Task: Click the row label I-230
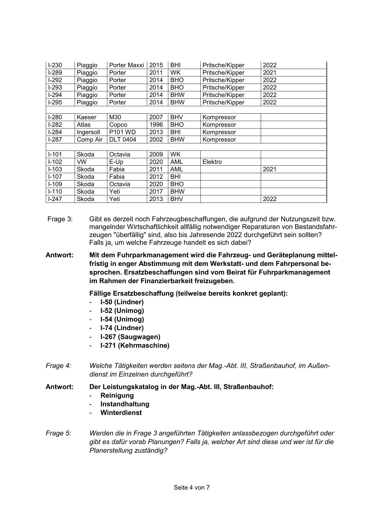[55, 65]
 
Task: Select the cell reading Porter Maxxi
[127, 65]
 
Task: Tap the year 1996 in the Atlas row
[156, 125]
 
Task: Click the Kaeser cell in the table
[86, 117]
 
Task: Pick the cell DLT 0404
[123, 139]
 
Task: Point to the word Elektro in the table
[212, 162]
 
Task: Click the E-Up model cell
[116, 162]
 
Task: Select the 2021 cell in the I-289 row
[270, 73]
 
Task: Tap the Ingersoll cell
[88, 132]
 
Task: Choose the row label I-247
[55, 199]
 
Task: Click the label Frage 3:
[60, 219]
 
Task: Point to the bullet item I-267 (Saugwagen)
[130, 337]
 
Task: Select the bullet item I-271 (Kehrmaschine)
[135, 345]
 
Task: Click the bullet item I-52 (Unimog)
[122, 311]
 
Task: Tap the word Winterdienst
[121, 413]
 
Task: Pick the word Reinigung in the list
[117, 395]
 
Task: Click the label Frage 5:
[59, 433]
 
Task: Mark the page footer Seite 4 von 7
[192, 487]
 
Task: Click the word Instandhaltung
[125, 404]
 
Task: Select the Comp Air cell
[89, 139]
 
